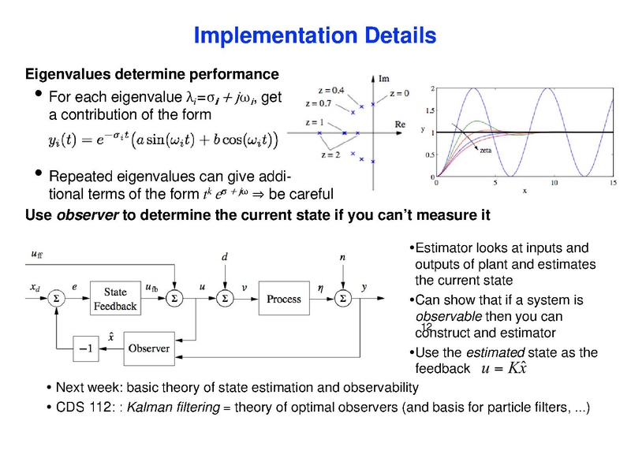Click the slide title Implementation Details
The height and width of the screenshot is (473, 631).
pyautogui.click(x=315, y=35)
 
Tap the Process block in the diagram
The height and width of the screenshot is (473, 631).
pyautogui.click(x=284, y=299)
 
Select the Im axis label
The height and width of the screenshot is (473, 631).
pyautogui.click(x=384, y=79)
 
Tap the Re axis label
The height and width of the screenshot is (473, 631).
pyautogui.click(x=400, y=125)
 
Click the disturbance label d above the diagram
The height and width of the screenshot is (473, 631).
pyautogui.click(x=226, y=256)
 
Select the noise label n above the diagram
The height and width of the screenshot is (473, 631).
pyautogui.click(x=342, y=256)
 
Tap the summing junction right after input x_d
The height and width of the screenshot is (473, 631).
pyautogui.click(x=56, y=300)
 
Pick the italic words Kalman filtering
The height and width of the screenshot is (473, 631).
pyautogui.click(x=173, y=408)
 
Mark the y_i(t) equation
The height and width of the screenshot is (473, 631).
pyautogui.click(x=161, y=140)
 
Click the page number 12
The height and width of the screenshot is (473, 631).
pyautogui.click(x=426, y=327)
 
